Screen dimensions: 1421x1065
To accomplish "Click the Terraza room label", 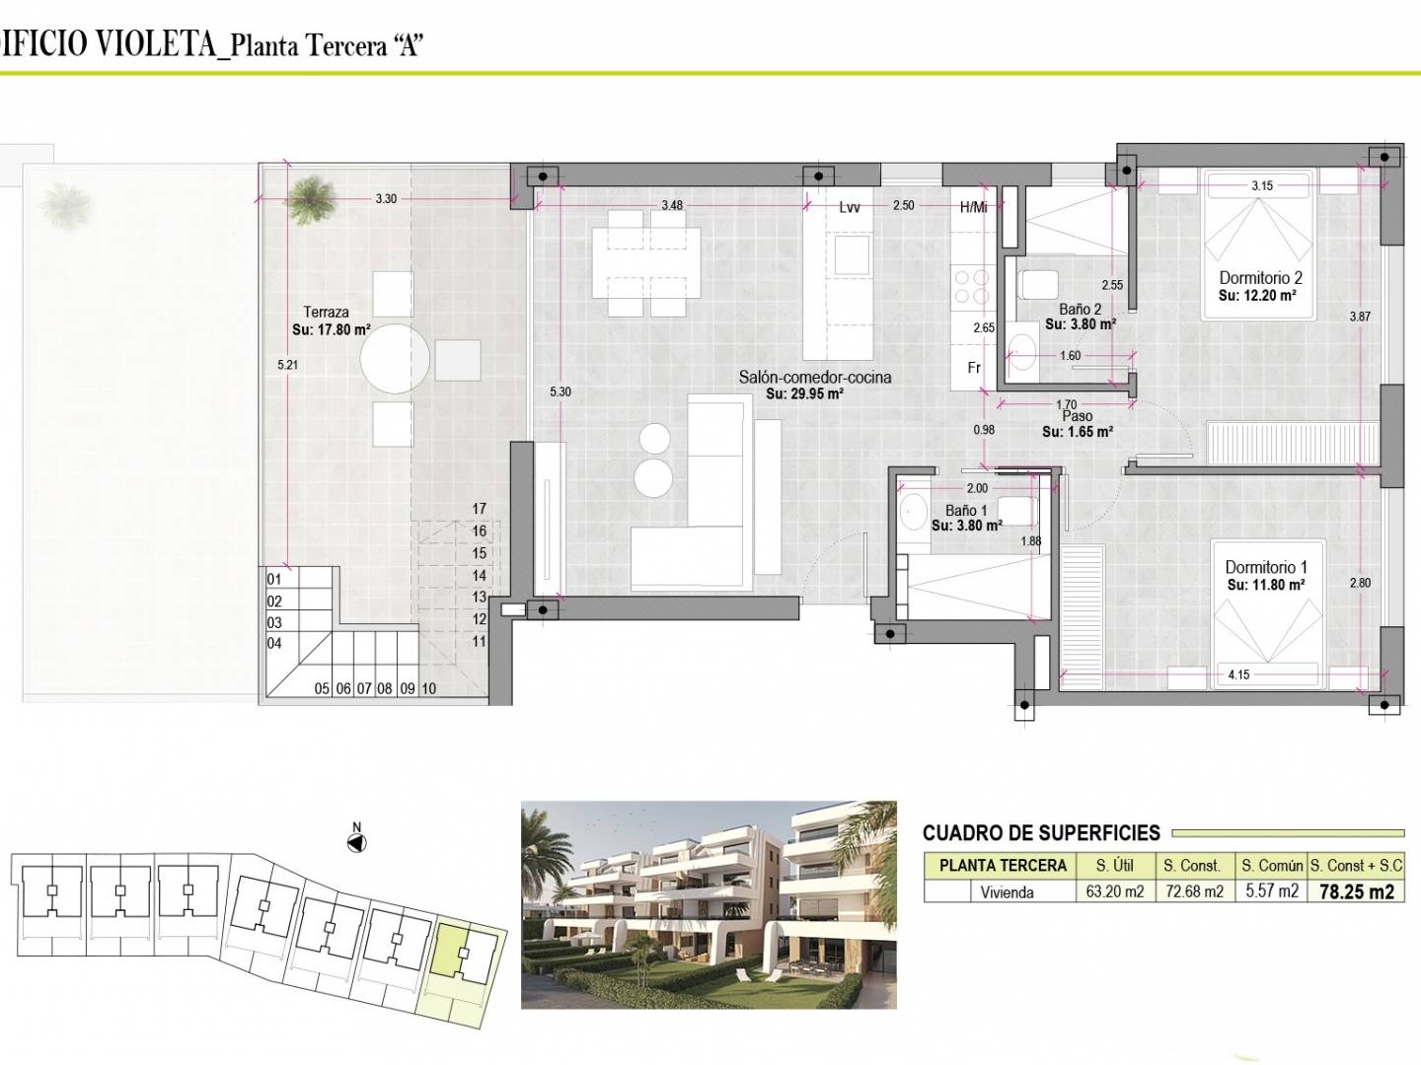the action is pos(327,313).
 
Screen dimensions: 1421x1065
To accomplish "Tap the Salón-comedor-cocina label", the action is pos(815,378).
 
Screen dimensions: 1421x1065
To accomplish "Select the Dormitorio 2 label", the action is pos(1260,278).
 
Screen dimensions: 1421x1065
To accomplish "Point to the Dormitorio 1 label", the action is pos(1266,568).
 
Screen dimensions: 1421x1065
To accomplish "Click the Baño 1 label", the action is pos(966,511).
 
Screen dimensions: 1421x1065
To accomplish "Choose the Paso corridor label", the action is pos(1078,416).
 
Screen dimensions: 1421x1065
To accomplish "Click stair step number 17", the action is pos(479,509).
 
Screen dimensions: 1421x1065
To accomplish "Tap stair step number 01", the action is pos(274,580).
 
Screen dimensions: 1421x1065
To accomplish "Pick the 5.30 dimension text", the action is pos(561,391).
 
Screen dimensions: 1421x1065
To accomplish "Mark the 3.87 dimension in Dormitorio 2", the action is pos(1360,317).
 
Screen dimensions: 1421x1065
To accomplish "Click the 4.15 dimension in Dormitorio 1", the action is pos(1239,675).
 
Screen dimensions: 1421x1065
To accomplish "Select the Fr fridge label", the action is pos(974,368).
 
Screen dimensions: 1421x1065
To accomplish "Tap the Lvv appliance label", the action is pos(850,207).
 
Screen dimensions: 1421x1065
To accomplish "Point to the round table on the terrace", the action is pos(395,360).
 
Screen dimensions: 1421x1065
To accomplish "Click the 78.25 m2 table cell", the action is pos(1356,892).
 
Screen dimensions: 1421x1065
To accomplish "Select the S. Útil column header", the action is pos(1114,865).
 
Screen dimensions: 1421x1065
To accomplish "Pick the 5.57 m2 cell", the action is pos(1272,891).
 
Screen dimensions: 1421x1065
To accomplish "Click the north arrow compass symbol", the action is pos(356,843).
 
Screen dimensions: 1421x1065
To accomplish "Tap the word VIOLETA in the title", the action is pos(156,44).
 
